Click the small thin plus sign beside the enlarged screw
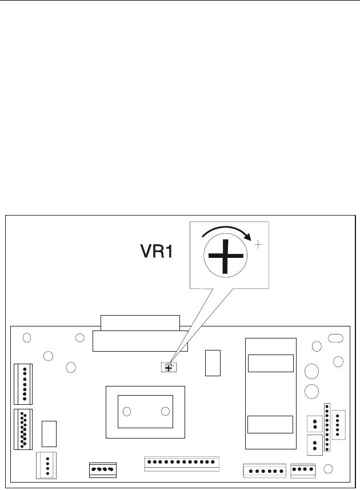point(258,244)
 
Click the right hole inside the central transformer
point(165,411)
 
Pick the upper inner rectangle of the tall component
point(270,363)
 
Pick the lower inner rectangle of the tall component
point(270,425)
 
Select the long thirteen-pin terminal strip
point(183,463)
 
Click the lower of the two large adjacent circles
point(311,392)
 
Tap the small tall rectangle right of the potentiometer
point(213,363)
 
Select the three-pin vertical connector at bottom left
point(47,464)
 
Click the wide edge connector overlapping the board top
point(140,335)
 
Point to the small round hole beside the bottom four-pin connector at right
point(328,469)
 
